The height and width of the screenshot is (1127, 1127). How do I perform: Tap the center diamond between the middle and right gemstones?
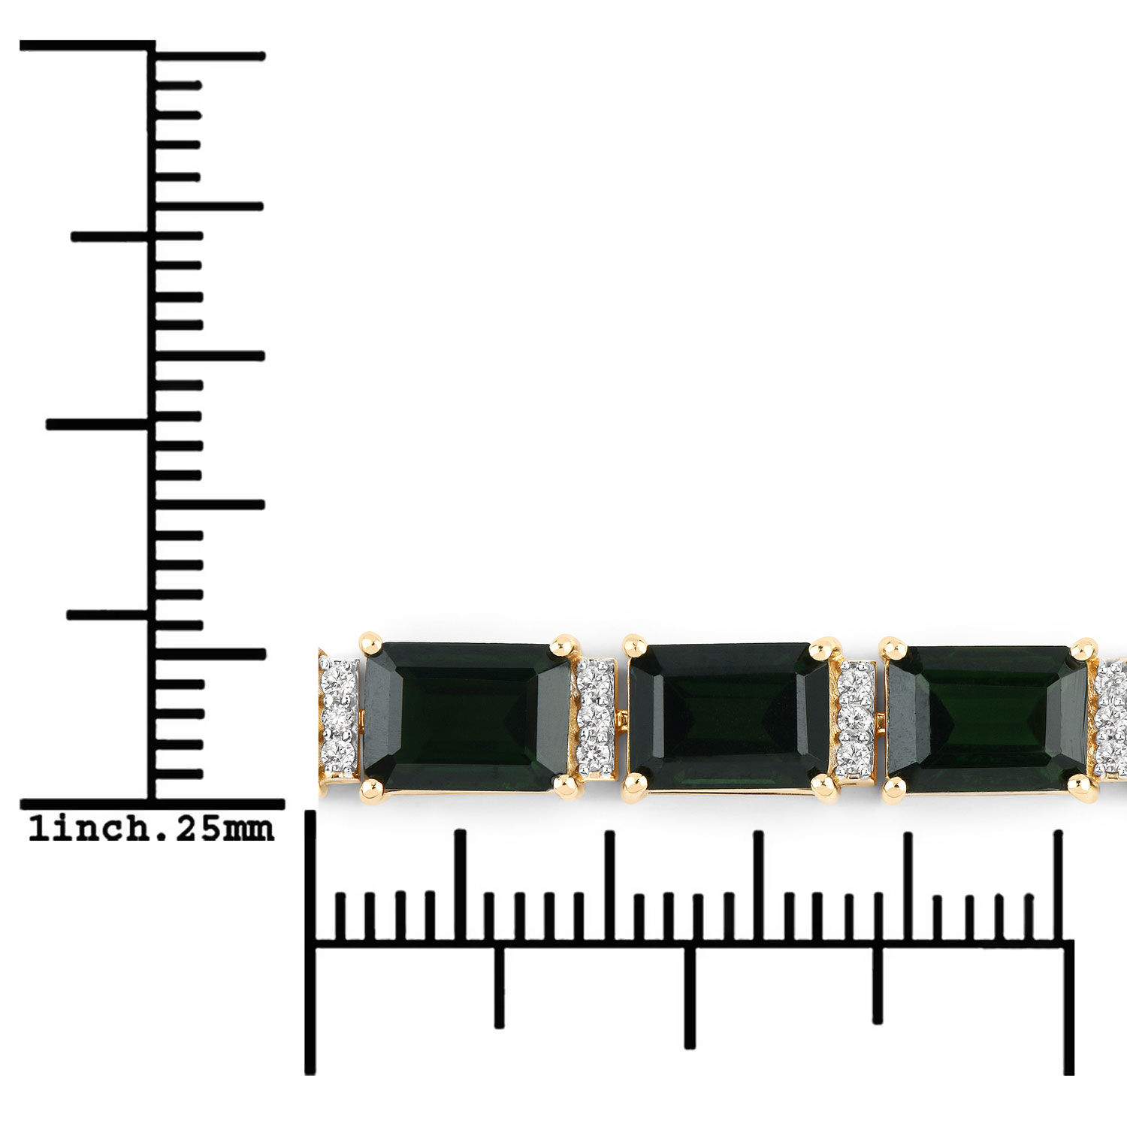(x=854, y=717)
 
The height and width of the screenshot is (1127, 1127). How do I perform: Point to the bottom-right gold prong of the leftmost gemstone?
(x=565, y=785)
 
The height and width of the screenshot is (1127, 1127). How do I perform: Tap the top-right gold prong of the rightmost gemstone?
(x=1083, y=648)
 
